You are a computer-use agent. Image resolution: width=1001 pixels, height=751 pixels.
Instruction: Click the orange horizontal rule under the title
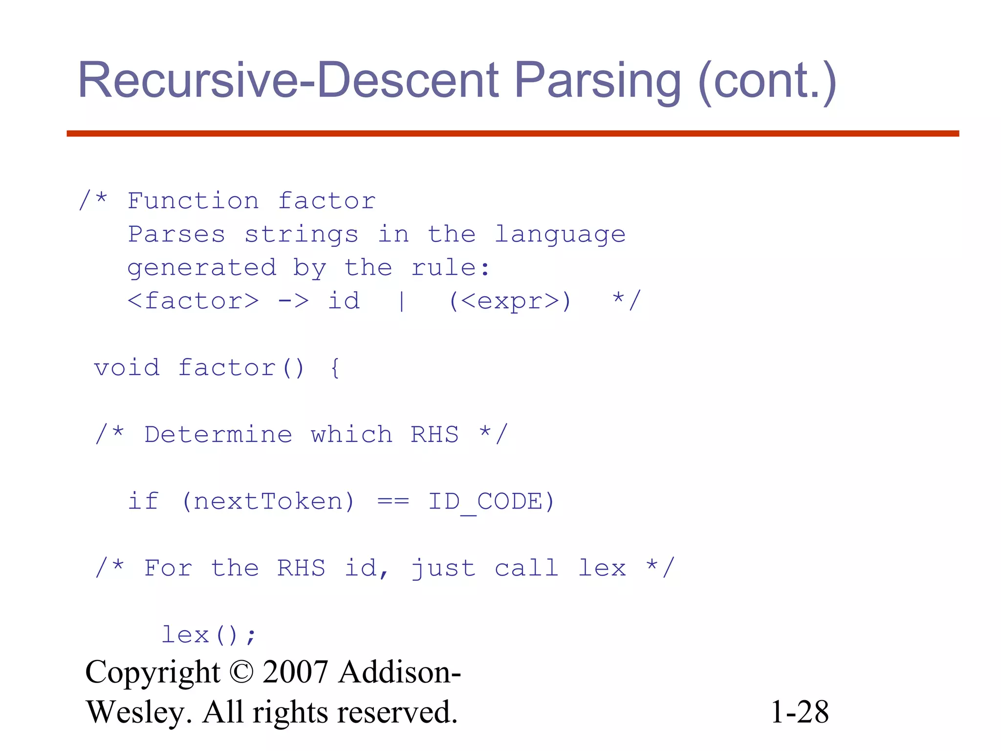pyautogui.click(x=513, y=133)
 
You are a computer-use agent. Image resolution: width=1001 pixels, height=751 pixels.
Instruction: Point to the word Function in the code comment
pyautogui.click(x=193, y=201)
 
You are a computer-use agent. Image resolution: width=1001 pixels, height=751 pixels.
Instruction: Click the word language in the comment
pyautogui.click(x=560, y=235)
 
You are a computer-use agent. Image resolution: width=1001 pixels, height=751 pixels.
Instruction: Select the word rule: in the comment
pyautogui.click(x=450, y=268)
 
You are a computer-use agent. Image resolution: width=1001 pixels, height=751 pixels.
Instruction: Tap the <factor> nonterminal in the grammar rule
pyautogui.click(x=193, y=301)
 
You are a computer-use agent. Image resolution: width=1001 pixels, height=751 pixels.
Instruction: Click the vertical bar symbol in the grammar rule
pyautogui.click(x=401, y=301)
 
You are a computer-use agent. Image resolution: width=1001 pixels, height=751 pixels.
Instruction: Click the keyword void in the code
pyautogui.click(x=127, y=368)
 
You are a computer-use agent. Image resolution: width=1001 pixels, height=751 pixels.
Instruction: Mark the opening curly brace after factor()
pyautogui.click(x=335, y=368)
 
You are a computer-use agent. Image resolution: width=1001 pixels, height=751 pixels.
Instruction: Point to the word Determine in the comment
pyautogui.click(x=218, y=435)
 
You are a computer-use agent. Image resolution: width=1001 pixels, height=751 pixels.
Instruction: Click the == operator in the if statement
pyautogui.click(x=393, y=502)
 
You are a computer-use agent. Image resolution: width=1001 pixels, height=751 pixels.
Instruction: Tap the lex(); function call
pyautogui.click(x=209, y=635)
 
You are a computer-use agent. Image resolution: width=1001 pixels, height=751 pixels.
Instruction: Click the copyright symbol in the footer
pyautogui.click(x=241, y=672)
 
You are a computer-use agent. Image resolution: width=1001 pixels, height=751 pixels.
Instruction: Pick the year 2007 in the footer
pyautogui.click(x=295, y=672)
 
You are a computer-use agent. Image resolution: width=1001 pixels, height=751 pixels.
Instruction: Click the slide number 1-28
pyautogui.click(x=800, y=712)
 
